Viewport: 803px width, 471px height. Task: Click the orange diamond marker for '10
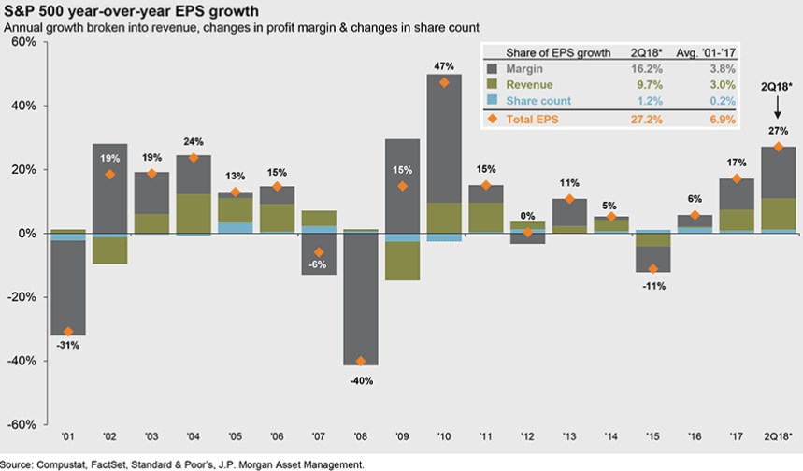point(443,82)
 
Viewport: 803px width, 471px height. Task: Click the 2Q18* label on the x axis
point(778,435)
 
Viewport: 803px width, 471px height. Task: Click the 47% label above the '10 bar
point(443,66)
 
